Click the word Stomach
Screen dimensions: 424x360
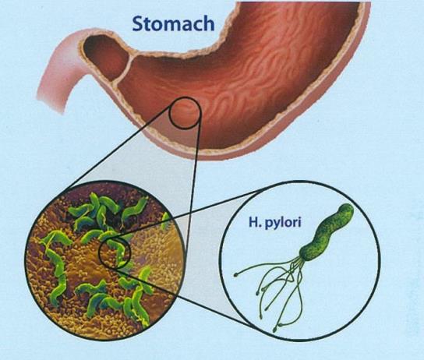click(173, 23)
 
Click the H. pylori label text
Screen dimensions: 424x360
click(274, 224)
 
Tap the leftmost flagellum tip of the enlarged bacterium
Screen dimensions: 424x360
click(235, 275)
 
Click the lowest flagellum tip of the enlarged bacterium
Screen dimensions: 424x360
click(274, 330)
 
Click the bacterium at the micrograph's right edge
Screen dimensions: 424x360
click(166, 221)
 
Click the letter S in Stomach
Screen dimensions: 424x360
click(139, 23)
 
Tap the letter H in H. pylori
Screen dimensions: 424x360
click(253, 222)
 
